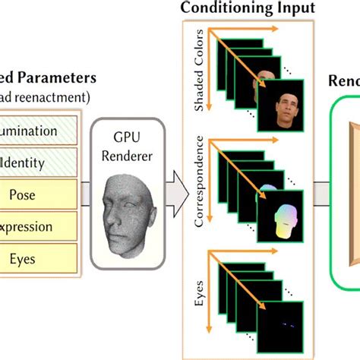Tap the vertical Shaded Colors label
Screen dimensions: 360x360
click(x=200, y=71)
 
